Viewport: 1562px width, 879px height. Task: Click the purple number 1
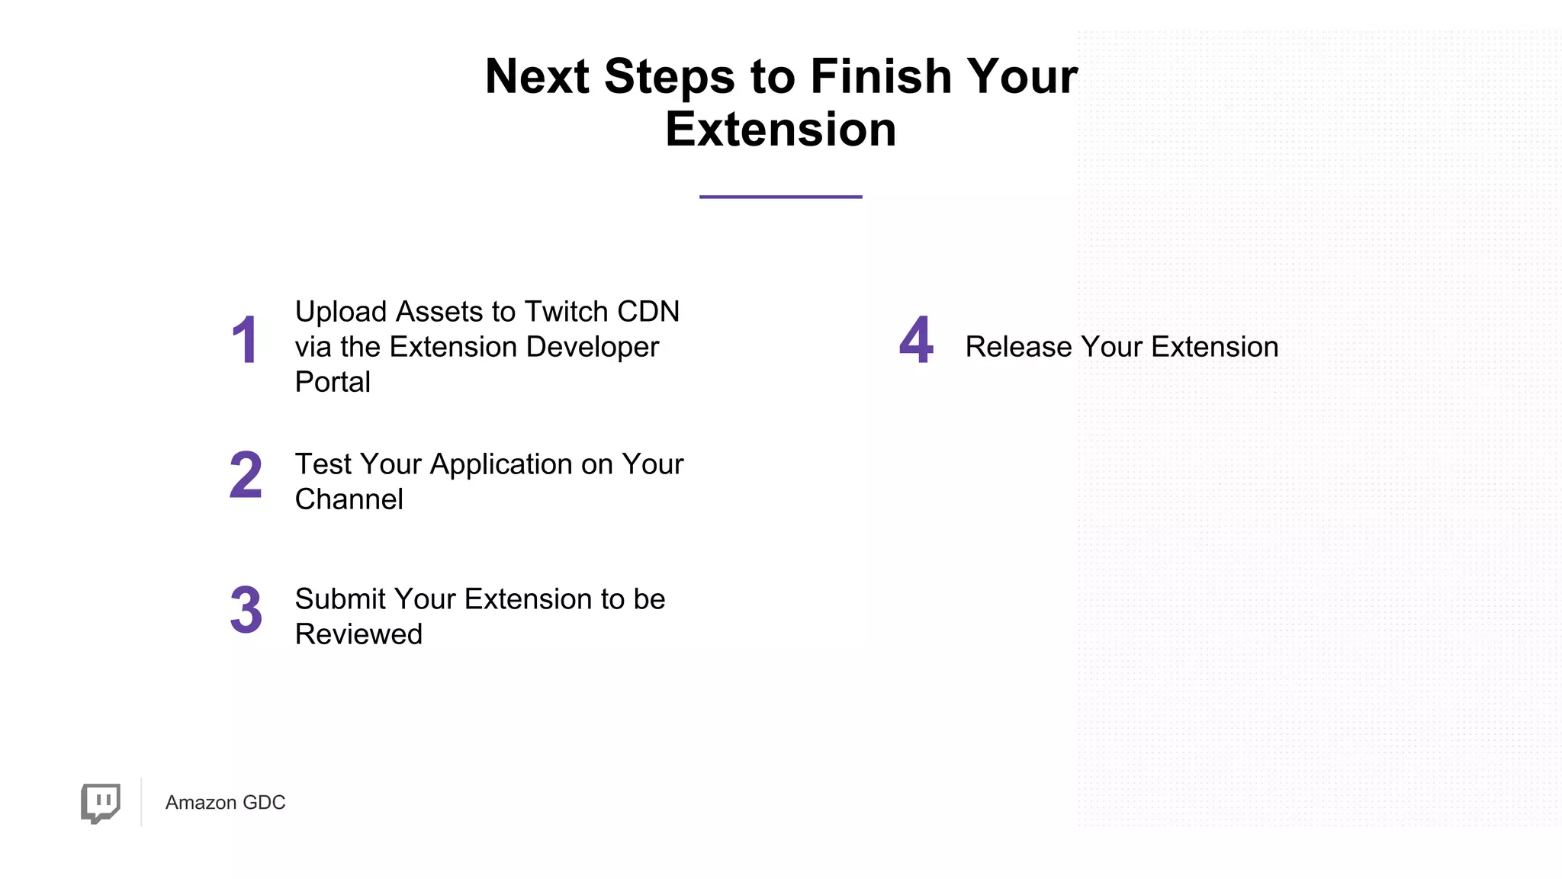pyautogui.click(x=245, y=340)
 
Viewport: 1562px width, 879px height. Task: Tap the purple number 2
pyautogui.click(x=246, y=475)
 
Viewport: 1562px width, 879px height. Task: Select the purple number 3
pyautogui.click(x=246, y=610)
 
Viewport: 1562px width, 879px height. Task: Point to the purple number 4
pyautogui.click(x=916, y=340)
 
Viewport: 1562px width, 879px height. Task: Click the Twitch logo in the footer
pyautogui.click(x=101, y=803)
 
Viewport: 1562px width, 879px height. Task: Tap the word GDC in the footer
pyautogui.click(x=264, y=803)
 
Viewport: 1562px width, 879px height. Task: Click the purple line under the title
pyautogui.click(x=780, y=197)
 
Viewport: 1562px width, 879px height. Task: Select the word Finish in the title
pyautogui.click(x=880, y=76)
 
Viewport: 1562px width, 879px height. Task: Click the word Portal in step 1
pyautogui.click(x=333, y=382)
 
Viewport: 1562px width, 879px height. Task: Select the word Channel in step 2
pyautogui.click(x=349, y=499)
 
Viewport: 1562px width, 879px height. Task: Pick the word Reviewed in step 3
pyautogui.click(x=358, y=634)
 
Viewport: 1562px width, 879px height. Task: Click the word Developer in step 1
pyautogui.click(x=592, y=348)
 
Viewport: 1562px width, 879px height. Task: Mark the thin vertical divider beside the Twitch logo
pyautogui.click(x=141, y=802)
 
